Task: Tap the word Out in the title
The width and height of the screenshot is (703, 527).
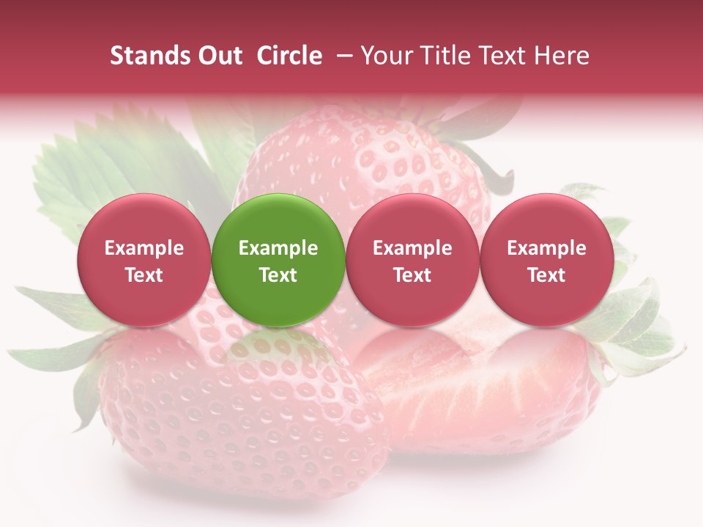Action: [x=217, y=56]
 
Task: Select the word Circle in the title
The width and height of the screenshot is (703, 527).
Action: [x=289, y=56]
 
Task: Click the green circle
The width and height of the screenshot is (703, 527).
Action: [x=278, y=260]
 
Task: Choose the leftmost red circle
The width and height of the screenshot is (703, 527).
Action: [x=144, y=260]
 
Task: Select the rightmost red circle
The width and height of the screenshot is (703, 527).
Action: [x=546, y=260]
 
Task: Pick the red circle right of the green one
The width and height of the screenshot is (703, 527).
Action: [x=412, y=260]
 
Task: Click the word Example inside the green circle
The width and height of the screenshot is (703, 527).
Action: [x=278, y=248]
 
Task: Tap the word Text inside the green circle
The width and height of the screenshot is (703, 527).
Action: [x=278, y=275]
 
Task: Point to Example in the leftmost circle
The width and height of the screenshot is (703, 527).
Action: [x=144, y=248]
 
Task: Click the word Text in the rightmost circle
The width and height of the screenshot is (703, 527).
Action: [x=546, y=275]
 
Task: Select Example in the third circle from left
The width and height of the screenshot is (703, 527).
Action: [x=412, y=248]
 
